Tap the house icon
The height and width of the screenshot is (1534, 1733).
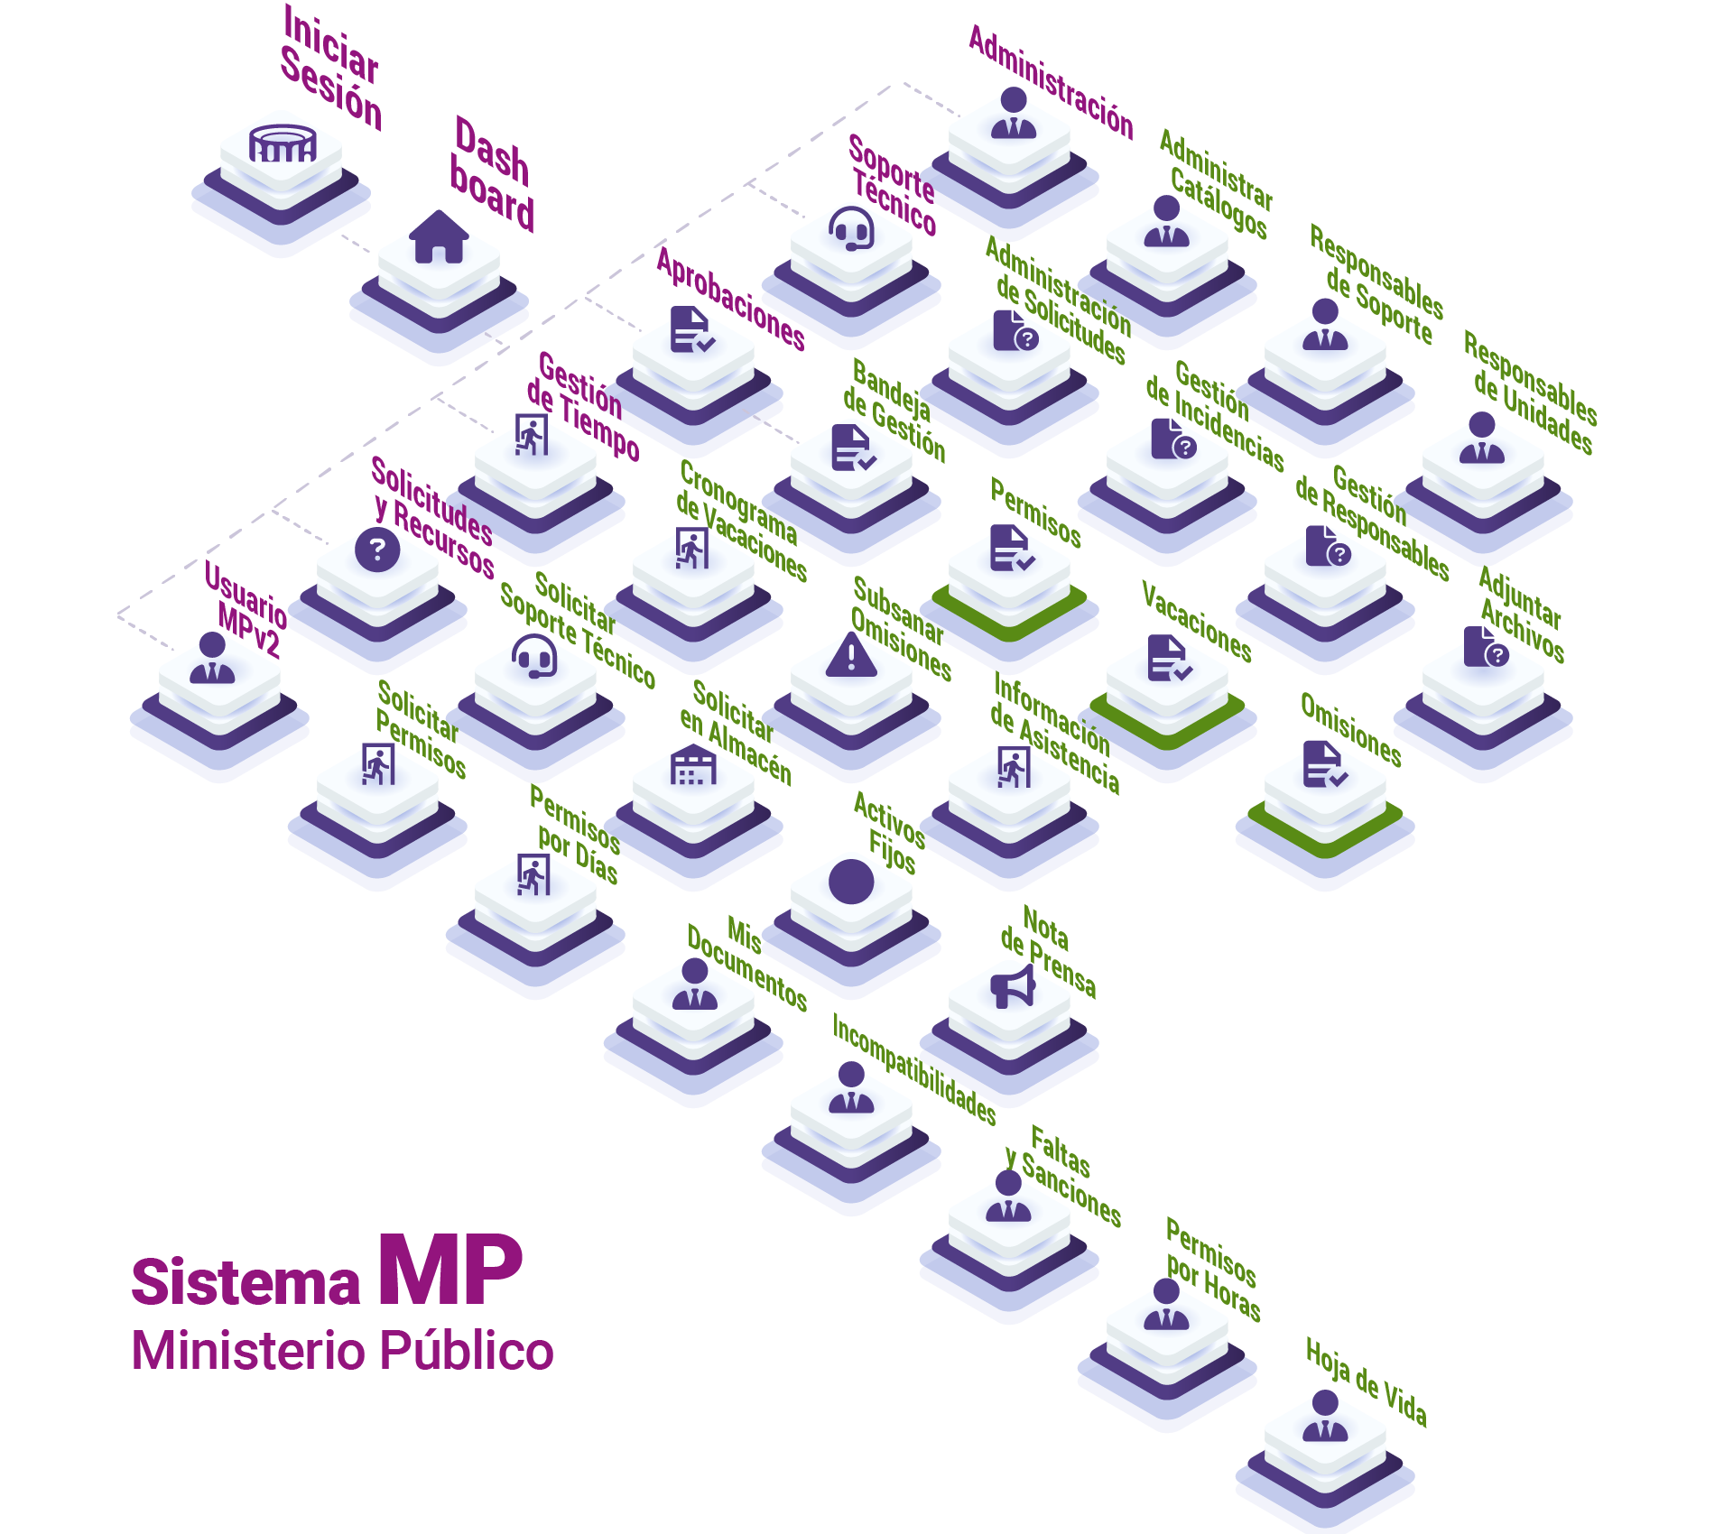tap(439, 237)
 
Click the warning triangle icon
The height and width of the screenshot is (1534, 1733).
tap(851, 655)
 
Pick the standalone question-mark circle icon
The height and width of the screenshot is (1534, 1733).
tap(377, 549)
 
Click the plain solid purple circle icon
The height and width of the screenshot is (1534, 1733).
tap(851, 882)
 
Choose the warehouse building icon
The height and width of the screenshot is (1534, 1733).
tap(693, 765)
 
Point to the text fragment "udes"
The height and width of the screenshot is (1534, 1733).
tap(466, 523)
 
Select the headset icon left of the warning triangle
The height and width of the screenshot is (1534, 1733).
tap(534, 657)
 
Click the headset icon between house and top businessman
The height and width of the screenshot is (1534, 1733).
tap(851, 228)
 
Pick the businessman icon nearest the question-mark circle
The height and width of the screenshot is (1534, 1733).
tap(212, 660)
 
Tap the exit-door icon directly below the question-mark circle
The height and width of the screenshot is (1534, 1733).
tap(379, 765)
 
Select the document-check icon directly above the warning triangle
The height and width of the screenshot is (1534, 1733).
tap(851, 447)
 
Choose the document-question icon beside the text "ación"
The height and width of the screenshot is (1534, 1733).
tap(1015, 331)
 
